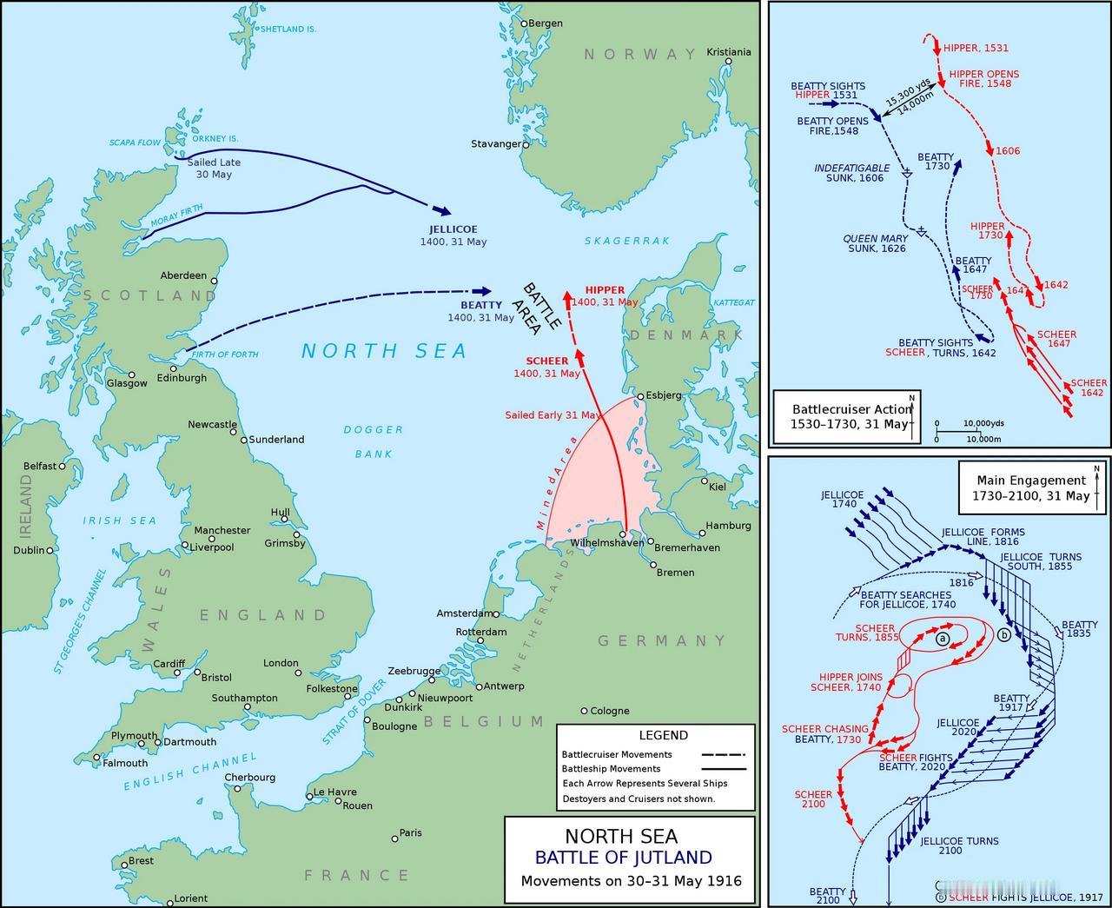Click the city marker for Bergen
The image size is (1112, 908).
pos(524,23)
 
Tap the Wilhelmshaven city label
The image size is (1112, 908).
pos(607,543)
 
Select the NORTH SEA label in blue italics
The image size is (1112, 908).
pos(384,351)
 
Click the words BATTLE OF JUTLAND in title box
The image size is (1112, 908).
pos(623,858)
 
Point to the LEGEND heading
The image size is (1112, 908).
pos(663,735)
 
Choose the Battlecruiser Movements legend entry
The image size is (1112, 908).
pos(617,754)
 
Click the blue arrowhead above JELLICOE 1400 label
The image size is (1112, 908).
pos(441,210)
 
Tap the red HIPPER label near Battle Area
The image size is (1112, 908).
pos(605,290)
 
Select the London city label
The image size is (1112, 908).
pos(281,663)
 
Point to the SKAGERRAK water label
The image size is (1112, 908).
pos(627,241)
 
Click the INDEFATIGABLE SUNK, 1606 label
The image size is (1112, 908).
pos(851,173)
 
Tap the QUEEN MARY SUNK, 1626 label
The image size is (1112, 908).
pos(876,243)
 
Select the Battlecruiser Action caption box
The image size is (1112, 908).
pos(847,416)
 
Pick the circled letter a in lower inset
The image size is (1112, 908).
pos(943,638)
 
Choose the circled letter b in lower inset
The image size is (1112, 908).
pos(1004,634)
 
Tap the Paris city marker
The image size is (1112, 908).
pos(394,838)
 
